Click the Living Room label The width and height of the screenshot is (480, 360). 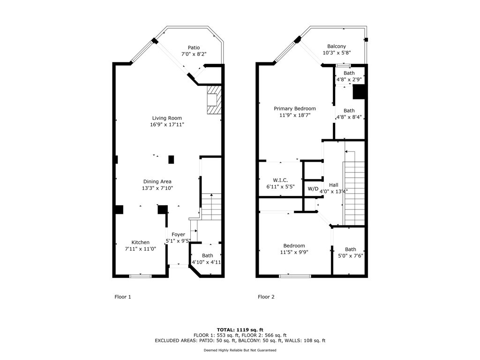[166, 118]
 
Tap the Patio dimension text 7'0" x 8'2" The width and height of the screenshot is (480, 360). [194, 54]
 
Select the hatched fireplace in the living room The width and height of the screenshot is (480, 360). [214, 100]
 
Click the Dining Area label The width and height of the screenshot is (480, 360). [157, 181]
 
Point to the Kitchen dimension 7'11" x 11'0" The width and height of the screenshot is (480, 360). [140, 249]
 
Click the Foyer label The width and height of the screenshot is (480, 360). [178, 234]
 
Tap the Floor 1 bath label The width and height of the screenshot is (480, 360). [207, 255]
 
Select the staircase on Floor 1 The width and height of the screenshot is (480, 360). [211, 206]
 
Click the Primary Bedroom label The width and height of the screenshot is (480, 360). [295, 109]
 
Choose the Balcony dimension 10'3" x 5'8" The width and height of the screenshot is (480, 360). [337, 53]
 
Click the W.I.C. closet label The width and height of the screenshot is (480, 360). [280, 180]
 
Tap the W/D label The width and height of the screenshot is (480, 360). [313, 189]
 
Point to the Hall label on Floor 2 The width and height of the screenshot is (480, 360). [333, 185]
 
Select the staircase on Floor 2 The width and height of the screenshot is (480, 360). [354, 192]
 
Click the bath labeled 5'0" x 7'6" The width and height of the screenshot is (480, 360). [350, 249]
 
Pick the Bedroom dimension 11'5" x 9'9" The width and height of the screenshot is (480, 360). [294, 252]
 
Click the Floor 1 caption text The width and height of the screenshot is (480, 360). [123, 297]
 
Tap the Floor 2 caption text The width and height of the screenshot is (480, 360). [266, 297]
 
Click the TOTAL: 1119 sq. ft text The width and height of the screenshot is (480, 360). [240, 330]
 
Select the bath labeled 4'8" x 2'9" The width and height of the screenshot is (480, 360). [349, 73]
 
